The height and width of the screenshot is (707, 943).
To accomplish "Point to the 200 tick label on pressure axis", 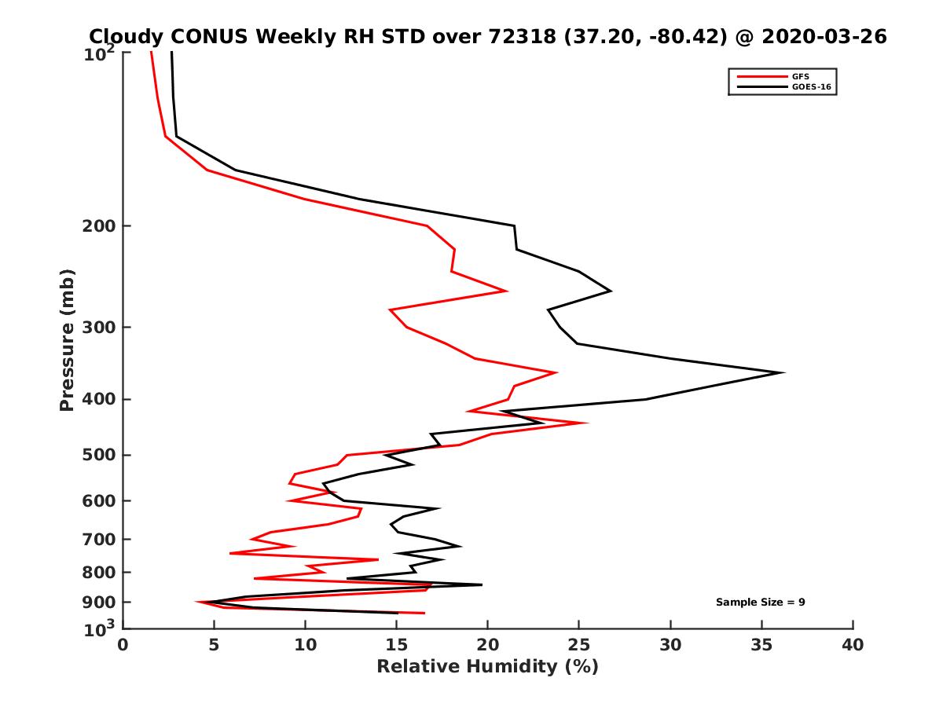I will pyautogui.click(x=99, y=226).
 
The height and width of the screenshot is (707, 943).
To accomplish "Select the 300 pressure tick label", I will pyautogui.click(x=99, y=327).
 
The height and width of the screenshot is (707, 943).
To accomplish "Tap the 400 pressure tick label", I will pyautogui.click(x=99, y=399).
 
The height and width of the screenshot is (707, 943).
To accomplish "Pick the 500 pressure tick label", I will pyautogui.click(x=99, y=455).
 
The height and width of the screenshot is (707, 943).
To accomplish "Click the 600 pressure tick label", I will pyautogui.click(x=99, y=500).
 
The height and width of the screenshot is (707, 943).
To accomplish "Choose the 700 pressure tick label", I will pyautogui.click(x=99, y=539).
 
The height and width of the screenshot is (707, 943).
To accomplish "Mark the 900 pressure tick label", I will pyautogui.click(x=99, y=602).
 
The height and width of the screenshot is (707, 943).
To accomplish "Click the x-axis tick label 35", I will pyautogui.click(x=761, y=645).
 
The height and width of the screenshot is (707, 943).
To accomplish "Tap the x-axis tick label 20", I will pyautogui.click(x=488, y=645).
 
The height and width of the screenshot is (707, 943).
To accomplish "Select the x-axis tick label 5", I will pyautogui.click(x=214, y=645).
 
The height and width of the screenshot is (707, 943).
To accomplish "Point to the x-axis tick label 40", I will pyautogui.click(x=853, y=645).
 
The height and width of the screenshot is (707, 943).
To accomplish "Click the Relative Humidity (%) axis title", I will pyautogui.click(x=487, y=667).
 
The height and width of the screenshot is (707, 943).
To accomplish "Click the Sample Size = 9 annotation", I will pyautogui.click(x=760, y=603).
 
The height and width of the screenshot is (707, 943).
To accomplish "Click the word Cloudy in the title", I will pyautogui.click(x=124, y=36).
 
